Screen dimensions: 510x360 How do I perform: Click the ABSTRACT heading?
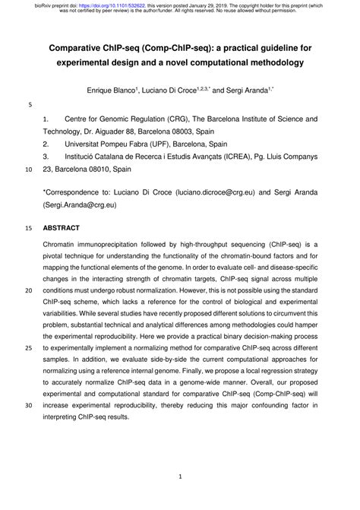pyautogui.click(x=61, y=227)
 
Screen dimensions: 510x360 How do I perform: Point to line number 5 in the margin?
pyautogui.click(x=29, y=105)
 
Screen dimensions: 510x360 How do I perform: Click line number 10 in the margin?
pyautogui.click(x=29, y=170)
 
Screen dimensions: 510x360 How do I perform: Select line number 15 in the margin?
pyautogui.click(x=29, y=227)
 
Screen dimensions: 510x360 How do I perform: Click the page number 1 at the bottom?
pyautogui.click(x=180, y=477)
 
